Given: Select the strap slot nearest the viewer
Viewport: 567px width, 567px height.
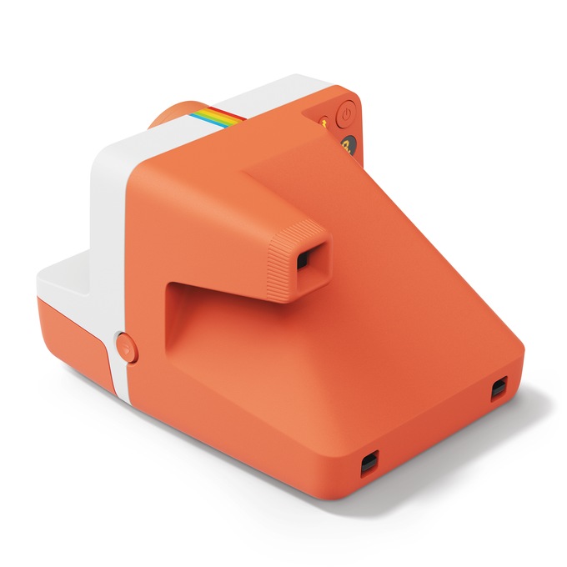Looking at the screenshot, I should point(369,463).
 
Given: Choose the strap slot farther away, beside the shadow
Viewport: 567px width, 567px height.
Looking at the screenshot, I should point(499,387).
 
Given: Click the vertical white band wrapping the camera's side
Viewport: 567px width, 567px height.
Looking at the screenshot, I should point(113,242).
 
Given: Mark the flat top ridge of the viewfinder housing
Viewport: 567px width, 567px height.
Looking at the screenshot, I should point(275,179).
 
